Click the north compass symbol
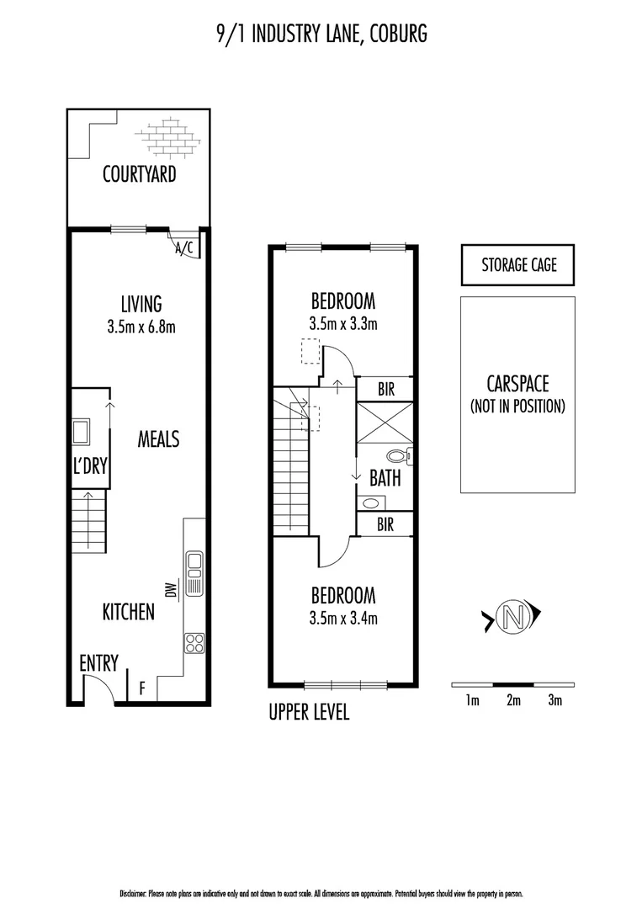coord(510,618)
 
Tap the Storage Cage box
coord(518,265)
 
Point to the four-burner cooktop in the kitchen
coord(194,643)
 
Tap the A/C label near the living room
coord(183,247)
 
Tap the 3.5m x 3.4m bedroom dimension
coord(342,619)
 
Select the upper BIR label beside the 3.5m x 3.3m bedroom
coord(386,390)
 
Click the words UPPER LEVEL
coord(309,713)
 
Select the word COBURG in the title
coord(397,34)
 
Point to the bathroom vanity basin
coord(370,503)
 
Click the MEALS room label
coord(158,439)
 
